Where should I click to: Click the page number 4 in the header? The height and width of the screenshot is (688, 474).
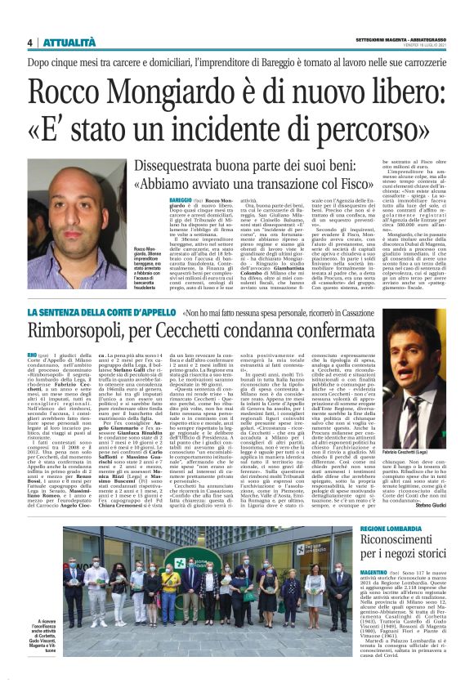pyautogui.click(x=29, y=42)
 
